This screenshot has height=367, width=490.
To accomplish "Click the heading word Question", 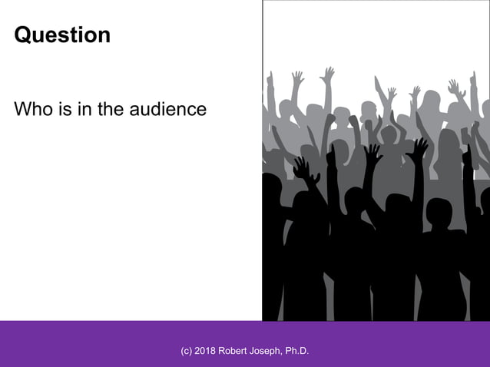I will click(x=62, y=35).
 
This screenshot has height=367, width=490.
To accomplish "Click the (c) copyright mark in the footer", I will click(x=187, y=351).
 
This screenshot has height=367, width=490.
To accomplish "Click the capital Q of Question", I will click(x=23, y=35).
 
